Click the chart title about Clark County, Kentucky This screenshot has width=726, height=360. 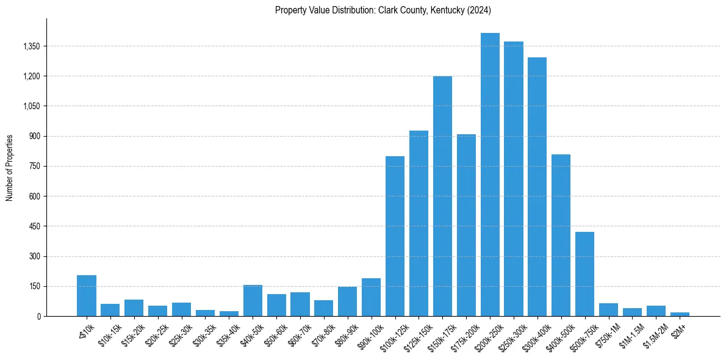click(383, 10)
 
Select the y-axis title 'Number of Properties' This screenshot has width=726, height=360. click(10, 168)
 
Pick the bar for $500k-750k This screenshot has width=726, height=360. click(584, 274)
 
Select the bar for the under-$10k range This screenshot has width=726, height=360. click(87, 296)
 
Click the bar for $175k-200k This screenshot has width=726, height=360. click(466, 225)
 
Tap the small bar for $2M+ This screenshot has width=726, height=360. click(680, 314)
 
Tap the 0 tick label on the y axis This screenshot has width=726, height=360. click(38, 316)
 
